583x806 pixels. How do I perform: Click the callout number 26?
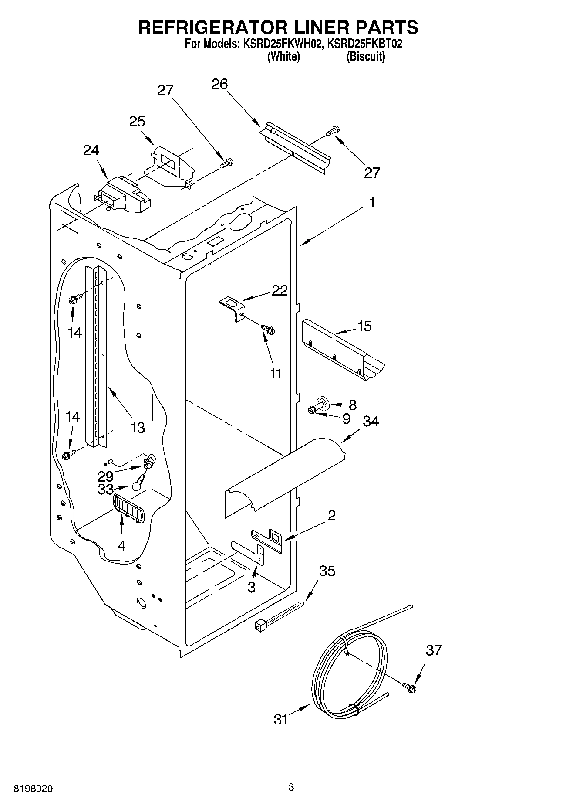[x=219, y=84]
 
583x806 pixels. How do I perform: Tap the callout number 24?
[x=91, y=150]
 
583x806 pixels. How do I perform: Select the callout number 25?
[x=137, y=122]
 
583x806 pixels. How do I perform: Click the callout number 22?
[x=280, y=290]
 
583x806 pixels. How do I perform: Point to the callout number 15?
[x=364, y=326]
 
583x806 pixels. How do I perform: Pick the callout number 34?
[x=371, y=421]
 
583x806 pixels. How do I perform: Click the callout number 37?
[x=434, y=650]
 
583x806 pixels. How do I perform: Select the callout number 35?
[x=327, y=571]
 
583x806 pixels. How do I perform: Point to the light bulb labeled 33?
[x=139, y=483]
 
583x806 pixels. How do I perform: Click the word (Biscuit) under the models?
[x=365, y=57]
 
